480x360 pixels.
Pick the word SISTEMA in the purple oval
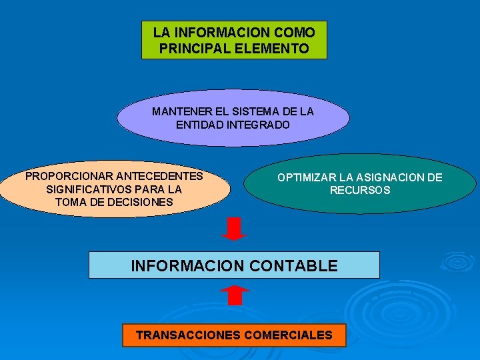coord(251,111)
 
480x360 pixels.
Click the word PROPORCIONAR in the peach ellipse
coord(69,177)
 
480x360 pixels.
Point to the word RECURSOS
coord(360,190)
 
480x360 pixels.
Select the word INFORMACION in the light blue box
coord(187,265)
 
